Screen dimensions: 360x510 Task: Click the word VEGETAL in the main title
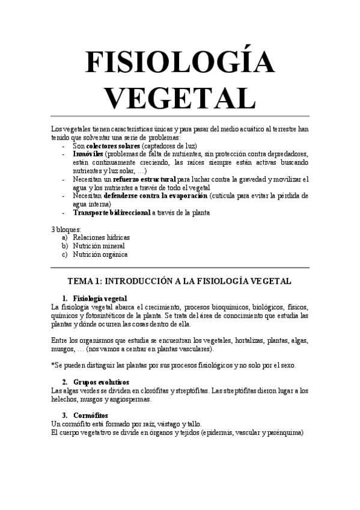(180, 98)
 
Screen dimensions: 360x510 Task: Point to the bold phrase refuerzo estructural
(144, 179)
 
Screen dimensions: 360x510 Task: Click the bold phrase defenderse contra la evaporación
(156, 196)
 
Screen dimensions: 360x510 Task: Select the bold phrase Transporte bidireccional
(112, 212)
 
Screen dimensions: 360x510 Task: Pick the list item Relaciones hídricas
(101, 238)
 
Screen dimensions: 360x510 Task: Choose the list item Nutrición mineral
(99, 246)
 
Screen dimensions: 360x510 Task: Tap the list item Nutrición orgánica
(100, 254)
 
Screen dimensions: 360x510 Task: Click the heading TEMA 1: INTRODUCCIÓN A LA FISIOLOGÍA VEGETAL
(180, 281)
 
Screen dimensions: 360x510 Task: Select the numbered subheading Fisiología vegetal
(99, 298)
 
